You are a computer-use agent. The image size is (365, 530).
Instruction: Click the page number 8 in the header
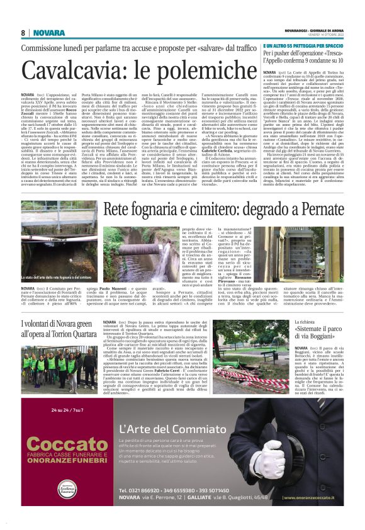[23, 33]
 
